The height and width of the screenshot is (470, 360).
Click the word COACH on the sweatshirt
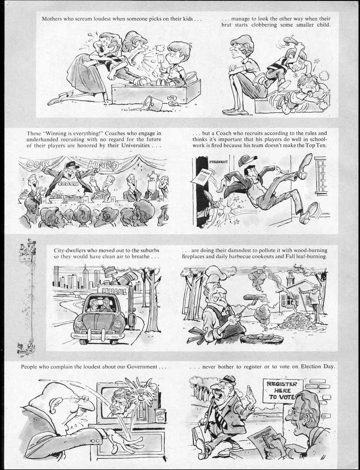(68, 183)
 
